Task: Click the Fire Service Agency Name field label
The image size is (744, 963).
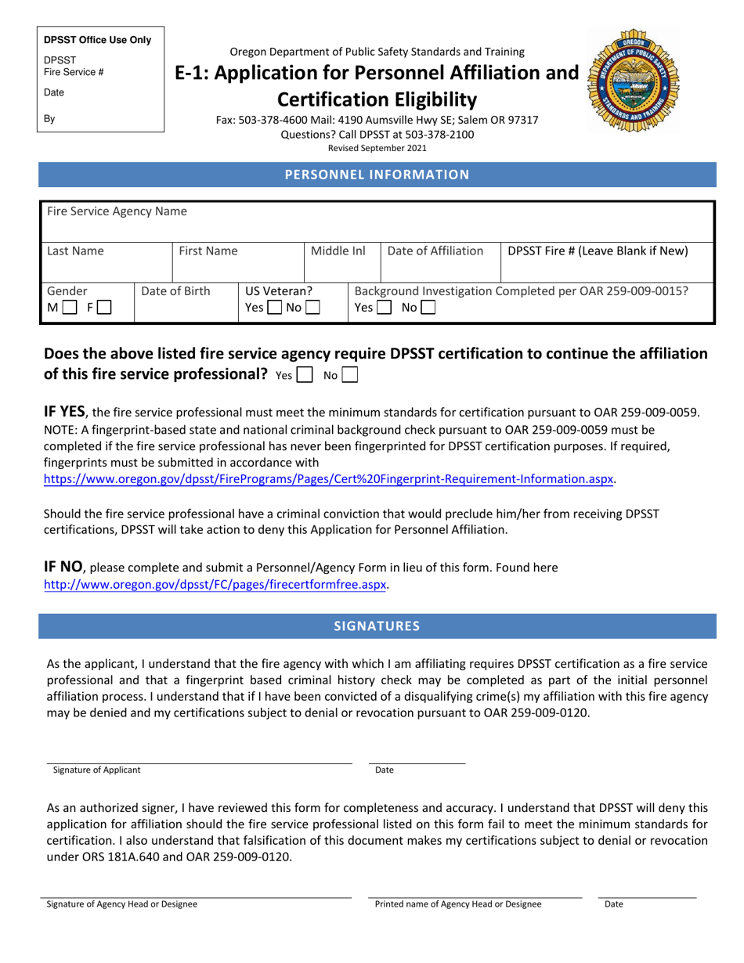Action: click(x=117, y=211)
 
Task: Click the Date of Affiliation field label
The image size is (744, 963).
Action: click(x=435, y=251)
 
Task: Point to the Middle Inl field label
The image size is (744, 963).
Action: click(x=338, y=251)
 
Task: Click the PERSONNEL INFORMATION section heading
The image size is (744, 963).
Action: click(x=377, y=175)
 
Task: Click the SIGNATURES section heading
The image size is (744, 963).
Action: click(x=377, y=626)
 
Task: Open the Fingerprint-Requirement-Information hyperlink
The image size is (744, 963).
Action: click(x=328, y=479)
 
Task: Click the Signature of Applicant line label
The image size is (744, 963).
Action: click(x=97, y=770)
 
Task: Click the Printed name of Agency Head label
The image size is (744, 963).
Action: click(x=457, y=904)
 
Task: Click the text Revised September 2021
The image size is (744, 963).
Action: click(x=377, y=147)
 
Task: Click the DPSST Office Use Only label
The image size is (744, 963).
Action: click(x=98, y=40)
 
